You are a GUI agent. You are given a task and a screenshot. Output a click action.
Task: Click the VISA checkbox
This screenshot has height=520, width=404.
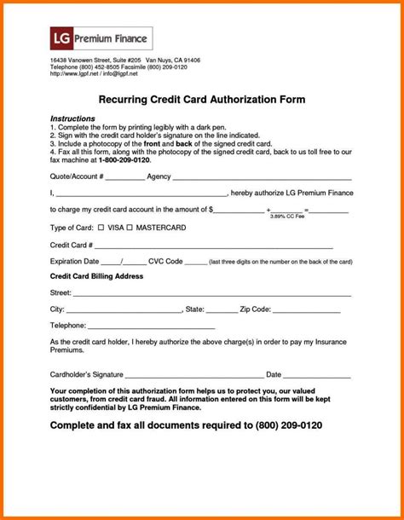(x=100, y=228)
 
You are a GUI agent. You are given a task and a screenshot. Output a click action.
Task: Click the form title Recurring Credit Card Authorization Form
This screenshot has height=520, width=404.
(x=202, y=99)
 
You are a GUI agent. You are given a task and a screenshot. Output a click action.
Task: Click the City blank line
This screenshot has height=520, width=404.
(x=124, y=310)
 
